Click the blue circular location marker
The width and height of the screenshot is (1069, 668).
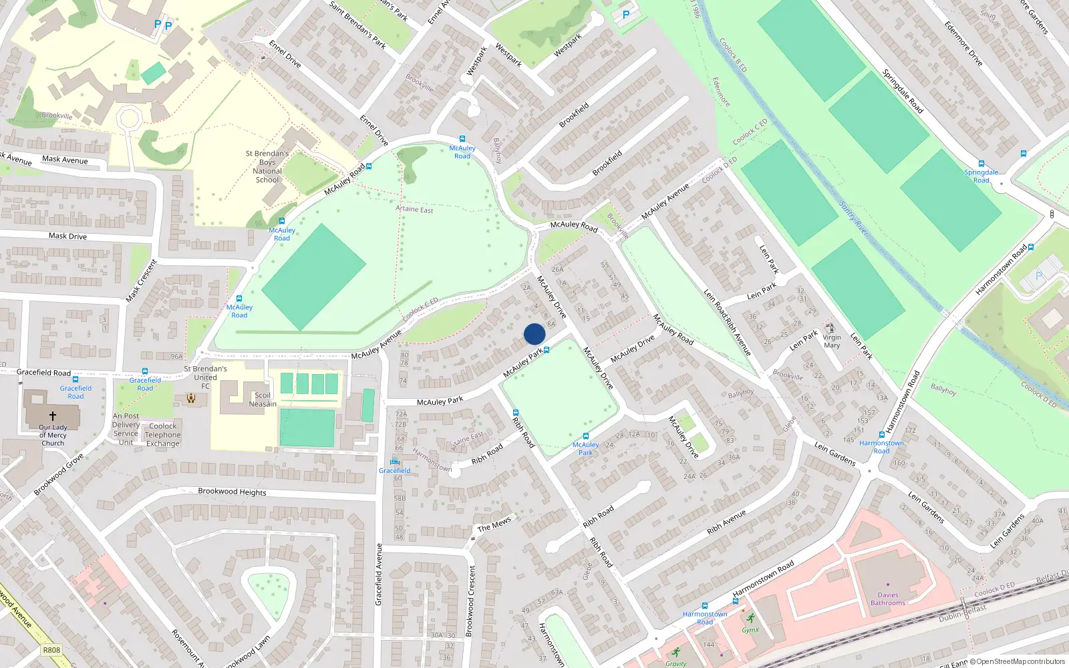(x=534, y=334)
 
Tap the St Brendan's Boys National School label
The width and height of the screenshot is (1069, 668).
(x=267, y=166)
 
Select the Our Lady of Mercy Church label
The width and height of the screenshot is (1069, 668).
(x=53, y=435)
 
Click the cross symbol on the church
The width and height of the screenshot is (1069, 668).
(x=53, y=415)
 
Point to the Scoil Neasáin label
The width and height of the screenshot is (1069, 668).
(x=263, y=399)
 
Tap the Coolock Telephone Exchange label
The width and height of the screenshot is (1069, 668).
(x=163, y=435)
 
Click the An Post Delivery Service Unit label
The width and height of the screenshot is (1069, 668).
(x=126, y=429)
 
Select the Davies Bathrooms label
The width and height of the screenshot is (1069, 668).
(x=888, y=599)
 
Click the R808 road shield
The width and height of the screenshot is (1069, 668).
(x=51, y=650)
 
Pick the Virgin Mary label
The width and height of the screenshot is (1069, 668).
(x=832, y=341)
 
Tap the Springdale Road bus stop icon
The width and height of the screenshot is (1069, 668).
(x=981, y=164)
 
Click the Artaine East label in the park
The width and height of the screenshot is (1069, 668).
(x=414, y=209)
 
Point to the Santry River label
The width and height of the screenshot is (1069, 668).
(x=853, y=218)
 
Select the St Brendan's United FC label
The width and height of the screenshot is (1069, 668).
(x=205, y=377)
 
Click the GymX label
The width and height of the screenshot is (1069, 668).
(x=750, y=630)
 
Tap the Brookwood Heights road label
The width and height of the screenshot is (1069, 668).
(x=232, y=492)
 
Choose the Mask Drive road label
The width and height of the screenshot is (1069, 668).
(x=67, y=236)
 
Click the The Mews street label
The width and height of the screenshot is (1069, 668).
(x=494, y=525)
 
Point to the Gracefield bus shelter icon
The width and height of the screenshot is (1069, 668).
(x=394, y=462)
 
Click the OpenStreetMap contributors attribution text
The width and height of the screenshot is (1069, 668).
(x=1017, y=662)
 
